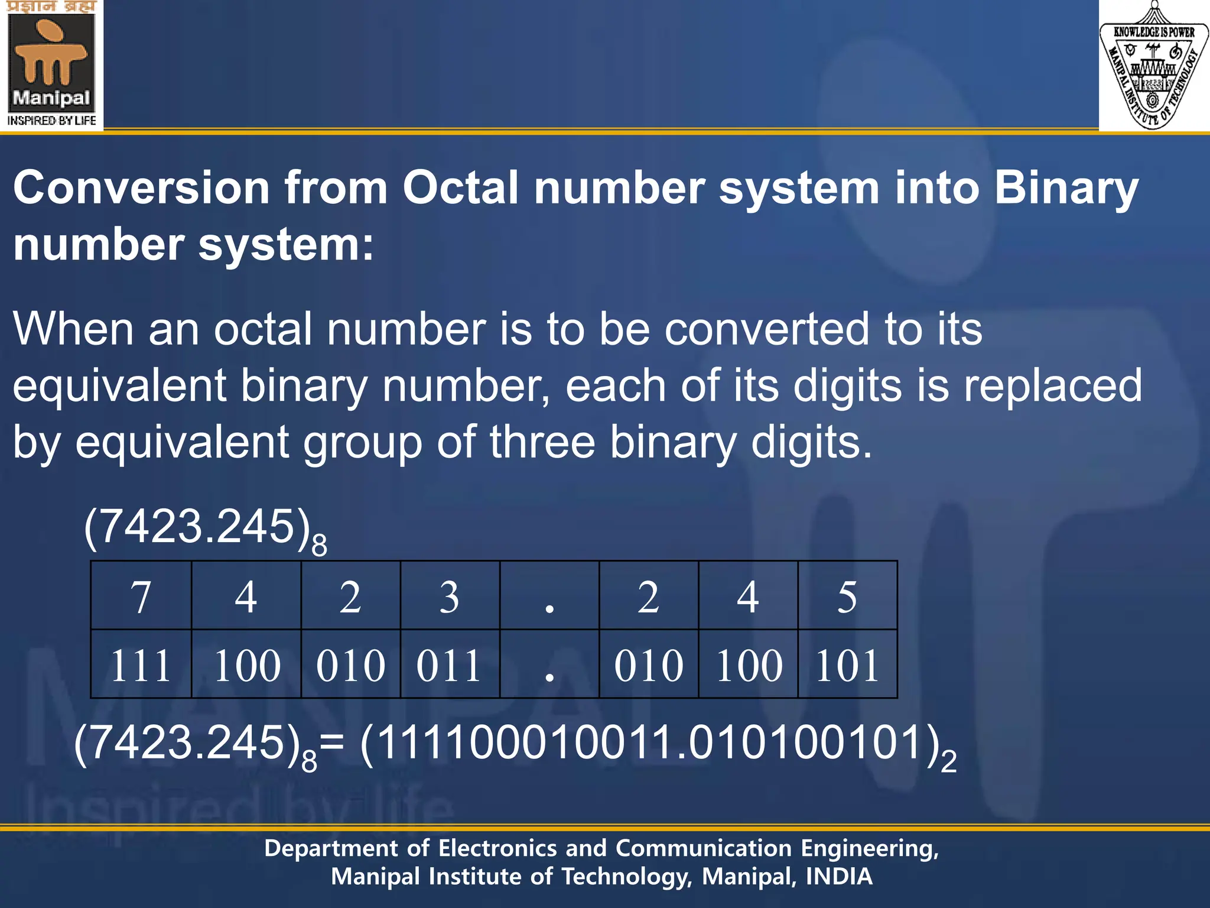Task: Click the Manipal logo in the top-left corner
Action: coord(52,65)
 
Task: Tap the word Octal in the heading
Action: coord(461,188)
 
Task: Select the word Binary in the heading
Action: coord(1066,188)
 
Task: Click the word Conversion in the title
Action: coord(142,188)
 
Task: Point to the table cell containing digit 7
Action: coord(141,596)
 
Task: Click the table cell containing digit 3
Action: coord(450,596)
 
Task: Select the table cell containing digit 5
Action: coord(847,596)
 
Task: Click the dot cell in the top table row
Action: coord(549,596)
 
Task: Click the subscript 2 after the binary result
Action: coord(948,762)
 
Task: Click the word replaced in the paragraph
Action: coord(1053,386)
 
